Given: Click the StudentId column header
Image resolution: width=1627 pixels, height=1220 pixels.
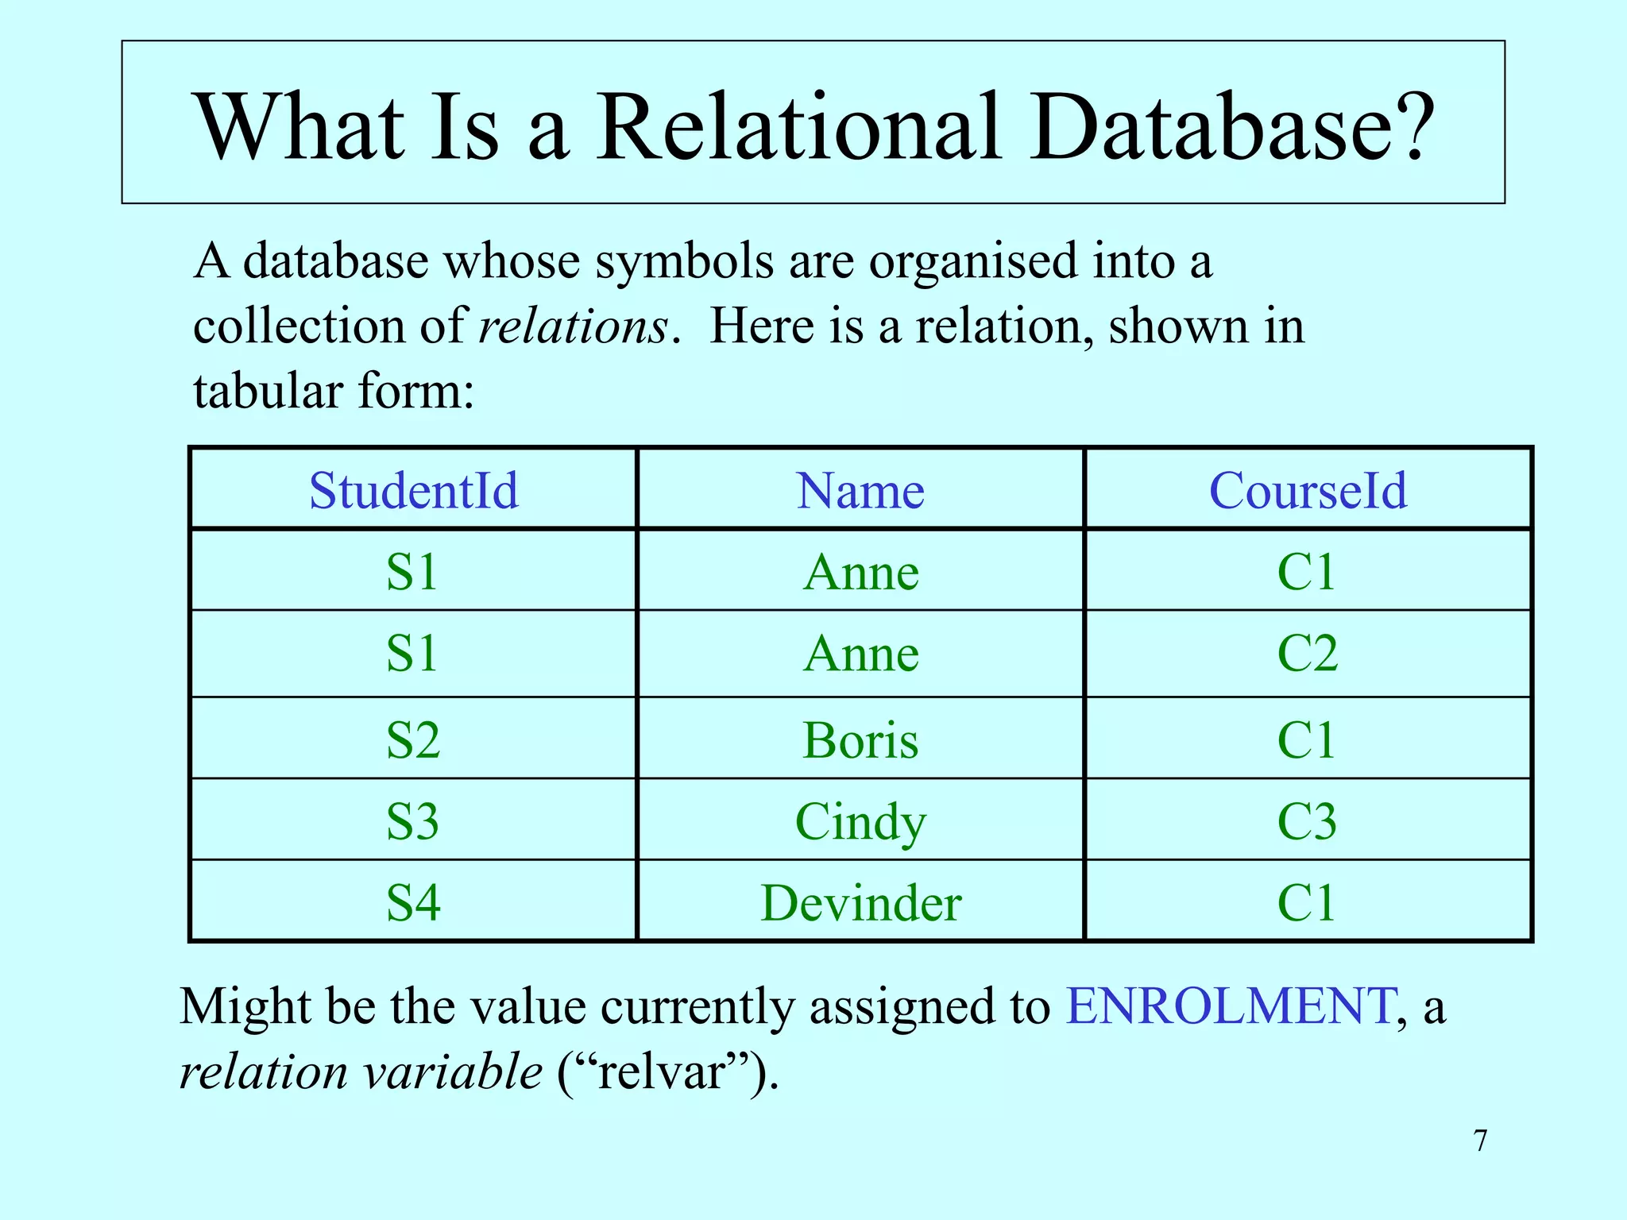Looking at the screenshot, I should pyautogui.click(x=413, y=490).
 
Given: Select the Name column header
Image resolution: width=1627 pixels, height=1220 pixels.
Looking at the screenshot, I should pyautogui.click(x=860, y=490).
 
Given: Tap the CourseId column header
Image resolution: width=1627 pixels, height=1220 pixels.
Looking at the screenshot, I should pyautogui.click(x=1308, y=490).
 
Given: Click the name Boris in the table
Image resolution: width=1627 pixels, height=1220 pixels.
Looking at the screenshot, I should pyautogui.click(x=860, y=740).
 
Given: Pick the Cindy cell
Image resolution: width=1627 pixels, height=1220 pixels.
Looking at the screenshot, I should pyautogui.click(x=860, y=821).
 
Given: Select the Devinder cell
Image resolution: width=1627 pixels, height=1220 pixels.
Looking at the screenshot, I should pyautogui.click(x=860, y=903).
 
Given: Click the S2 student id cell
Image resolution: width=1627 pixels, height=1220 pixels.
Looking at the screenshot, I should pyautogui.click(x=413, y=740).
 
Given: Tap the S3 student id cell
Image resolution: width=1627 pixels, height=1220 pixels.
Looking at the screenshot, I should pyautogui.click(x=413, y=821).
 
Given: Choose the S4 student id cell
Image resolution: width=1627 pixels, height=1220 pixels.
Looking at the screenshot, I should pyautogui.click(x=413, y=903).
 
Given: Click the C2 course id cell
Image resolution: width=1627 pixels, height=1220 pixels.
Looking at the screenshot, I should pyautogui.click(x=1308, y=654).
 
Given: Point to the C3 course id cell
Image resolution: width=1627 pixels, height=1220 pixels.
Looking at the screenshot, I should pyautogui.click(x=1308, y=821).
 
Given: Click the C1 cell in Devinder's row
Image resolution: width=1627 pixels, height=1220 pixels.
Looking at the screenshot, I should pyautogui.click(x=1308, y=903).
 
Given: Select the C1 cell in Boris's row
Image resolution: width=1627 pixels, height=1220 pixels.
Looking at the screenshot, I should pyautogui.click(x=1308, y=740).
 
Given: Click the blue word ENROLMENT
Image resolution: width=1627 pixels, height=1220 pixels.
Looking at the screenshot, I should pyautogui.click(x=1229, y=1006).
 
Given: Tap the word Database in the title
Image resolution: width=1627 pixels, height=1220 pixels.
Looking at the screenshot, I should pyautogui.click(x=1231, y=127).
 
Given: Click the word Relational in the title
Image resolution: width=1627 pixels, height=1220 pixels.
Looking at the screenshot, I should pyautogui.click(x=798, y=127).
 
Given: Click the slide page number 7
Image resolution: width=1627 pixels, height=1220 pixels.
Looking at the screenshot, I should pyautogui.click(x=1480, y=1141).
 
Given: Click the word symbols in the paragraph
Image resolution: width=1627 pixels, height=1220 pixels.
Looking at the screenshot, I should pyautogui.click(x=684, y=261).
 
